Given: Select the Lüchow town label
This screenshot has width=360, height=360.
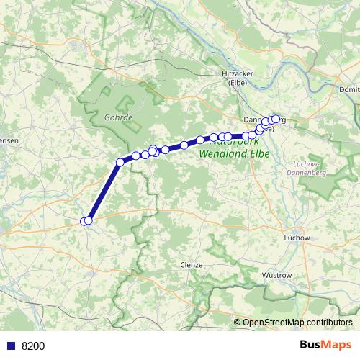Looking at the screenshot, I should coord(297,237).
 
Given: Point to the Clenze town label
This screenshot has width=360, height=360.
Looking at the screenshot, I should coord(192,264).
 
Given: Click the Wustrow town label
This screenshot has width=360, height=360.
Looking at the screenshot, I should coord(276,275).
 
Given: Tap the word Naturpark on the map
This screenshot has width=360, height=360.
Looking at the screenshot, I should coord(230,143).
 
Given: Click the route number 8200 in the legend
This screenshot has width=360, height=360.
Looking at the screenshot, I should coord(32,346).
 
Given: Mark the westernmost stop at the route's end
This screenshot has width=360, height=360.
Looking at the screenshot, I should coord(85,221).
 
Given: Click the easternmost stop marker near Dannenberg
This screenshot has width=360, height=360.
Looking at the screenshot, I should coord(276,119).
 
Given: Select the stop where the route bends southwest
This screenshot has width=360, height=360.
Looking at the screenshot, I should coord(120,162).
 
